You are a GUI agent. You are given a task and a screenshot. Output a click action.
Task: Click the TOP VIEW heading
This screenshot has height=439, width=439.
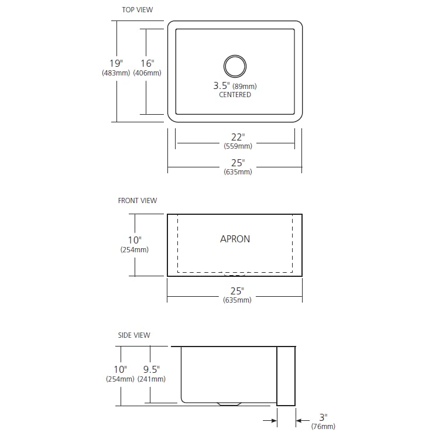click(x=137, y=10)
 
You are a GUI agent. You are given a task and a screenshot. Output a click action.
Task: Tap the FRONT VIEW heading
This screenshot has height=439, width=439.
click(x=138, y=200)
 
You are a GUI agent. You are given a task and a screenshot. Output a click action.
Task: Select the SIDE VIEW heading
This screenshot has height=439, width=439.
click(x=134, y=335)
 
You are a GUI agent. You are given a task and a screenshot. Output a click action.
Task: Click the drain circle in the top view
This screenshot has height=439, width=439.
click(x=235, y=56)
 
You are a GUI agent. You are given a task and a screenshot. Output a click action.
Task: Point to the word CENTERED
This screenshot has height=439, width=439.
click(x=235, y=95)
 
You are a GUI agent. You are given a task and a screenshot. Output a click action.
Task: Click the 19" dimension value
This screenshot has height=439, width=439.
click(x=116, y=63)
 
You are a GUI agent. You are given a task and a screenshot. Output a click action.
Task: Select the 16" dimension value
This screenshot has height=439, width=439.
click(x=147, y=63)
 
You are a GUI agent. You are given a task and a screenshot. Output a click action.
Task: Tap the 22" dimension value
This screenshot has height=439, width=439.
click(x=238, y=137)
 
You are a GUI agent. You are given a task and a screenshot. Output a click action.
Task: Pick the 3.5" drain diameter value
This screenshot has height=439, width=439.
click(x=221, y=85)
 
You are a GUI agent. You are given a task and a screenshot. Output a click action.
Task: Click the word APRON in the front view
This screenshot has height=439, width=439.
click(x=235, y=239)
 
